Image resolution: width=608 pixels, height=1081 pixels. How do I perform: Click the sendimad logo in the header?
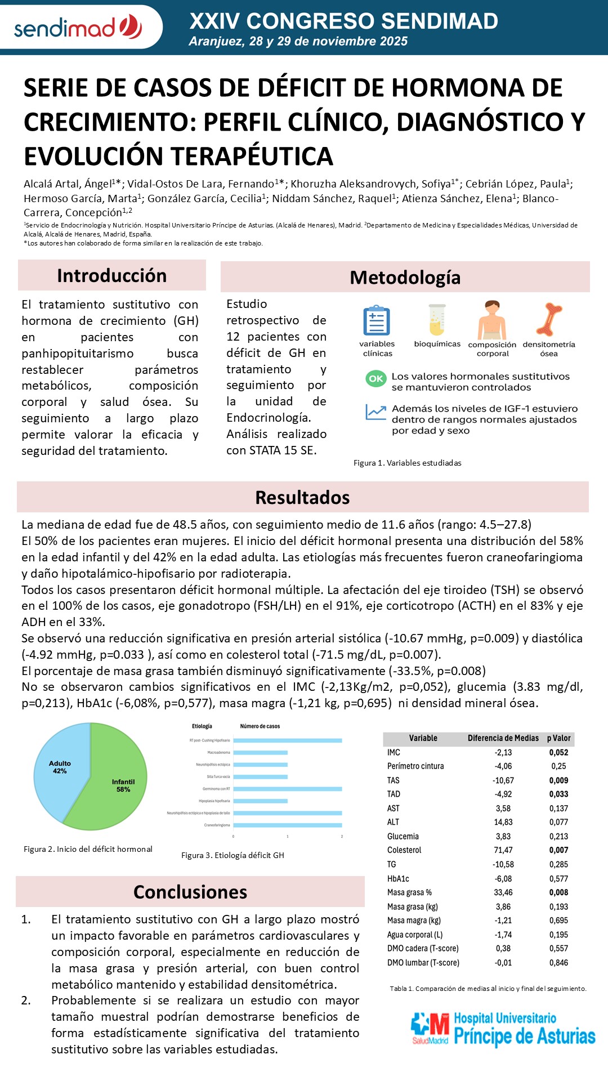click(x=78, y=27)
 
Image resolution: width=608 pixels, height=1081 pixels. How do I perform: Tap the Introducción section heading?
click(x=111, y=276)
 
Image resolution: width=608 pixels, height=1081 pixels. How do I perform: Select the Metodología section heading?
click(x=405, y=278)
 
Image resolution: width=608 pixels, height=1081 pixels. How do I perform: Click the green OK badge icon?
click(x=375, y=379)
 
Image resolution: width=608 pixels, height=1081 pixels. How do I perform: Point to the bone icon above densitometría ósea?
click(x=549, y=319)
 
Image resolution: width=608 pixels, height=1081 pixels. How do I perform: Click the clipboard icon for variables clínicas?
click(x=377, y=321)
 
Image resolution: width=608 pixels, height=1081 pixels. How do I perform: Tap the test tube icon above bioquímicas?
click(x=437, y=320)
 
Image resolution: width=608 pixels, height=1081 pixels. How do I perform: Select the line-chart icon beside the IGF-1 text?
click(x=375, y=412)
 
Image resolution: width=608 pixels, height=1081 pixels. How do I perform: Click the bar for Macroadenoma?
click(x=260, y=753)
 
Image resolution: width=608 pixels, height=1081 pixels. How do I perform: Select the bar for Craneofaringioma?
click(x=288, y=825)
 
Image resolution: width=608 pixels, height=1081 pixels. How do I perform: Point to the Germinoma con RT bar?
click(x=288, y=789)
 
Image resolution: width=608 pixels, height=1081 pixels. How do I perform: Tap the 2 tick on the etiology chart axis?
click(x=342, y=837)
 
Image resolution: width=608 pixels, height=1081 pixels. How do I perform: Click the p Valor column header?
click(x=558, y=738)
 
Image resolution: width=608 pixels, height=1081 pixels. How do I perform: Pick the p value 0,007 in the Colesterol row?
click(x=558, y=850)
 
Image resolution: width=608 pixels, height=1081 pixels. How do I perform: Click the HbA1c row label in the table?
click(x=398, y=878)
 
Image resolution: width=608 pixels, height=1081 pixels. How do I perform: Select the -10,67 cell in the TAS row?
click(x=503, y=780)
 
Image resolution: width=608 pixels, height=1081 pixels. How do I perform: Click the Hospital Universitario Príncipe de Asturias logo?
click(x=503, y=1030)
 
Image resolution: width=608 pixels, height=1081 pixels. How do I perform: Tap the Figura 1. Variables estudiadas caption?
click(x=407, y=463)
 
